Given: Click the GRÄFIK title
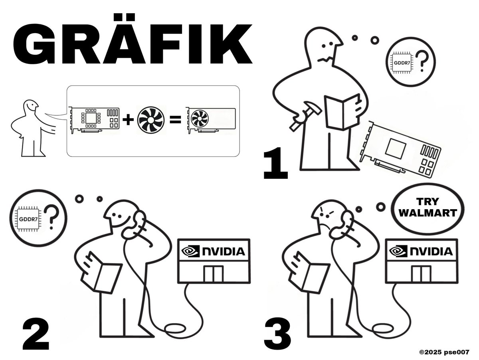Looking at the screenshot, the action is coord(133,39).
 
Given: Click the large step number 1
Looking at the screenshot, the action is coord(275,163).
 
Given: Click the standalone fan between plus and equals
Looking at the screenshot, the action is coord(151,120).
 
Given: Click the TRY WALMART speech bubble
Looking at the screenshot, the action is coord(428,209).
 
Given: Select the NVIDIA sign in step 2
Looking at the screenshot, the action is coord(214,251).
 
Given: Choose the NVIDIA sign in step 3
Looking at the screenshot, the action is coord(422,251).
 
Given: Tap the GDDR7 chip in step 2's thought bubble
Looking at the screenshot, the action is coord(28,219).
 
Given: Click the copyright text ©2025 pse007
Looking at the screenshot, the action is coord(444,352).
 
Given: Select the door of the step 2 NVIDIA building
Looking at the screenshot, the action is coord(214,274).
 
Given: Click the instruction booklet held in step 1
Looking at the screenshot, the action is coord(342,112).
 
